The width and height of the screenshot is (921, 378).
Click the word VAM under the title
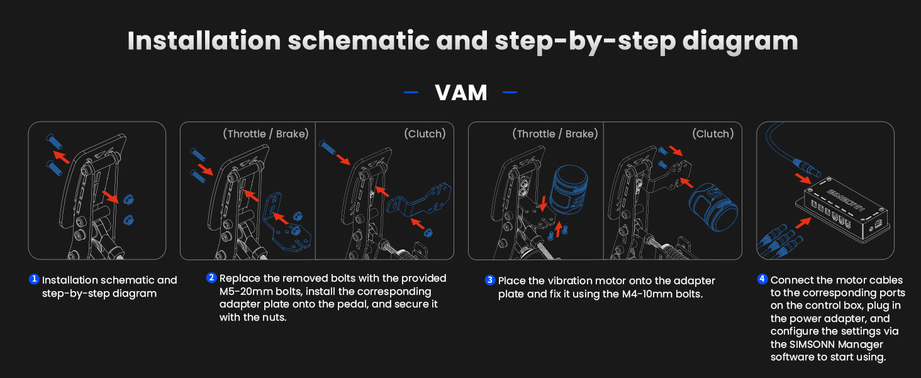pos(460,93)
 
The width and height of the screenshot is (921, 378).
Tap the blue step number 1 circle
pos(34,279)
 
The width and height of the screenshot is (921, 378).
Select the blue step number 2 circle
pos(211,278)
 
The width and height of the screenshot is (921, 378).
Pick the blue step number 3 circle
pos(490,280)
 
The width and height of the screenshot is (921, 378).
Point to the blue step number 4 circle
pos(762,279)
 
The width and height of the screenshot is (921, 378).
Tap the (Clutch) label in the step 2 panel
pos(425,134)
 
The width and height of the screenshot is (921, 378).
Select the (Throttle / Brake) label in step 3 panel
pos(555,134)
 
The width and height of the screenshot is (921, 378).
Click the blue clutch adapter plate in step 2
pos(424,200)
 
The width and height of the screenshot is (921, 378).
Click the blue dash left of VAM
pos(411,93)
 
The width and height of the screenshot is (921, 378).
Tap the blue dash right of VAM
pos(510,93)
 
